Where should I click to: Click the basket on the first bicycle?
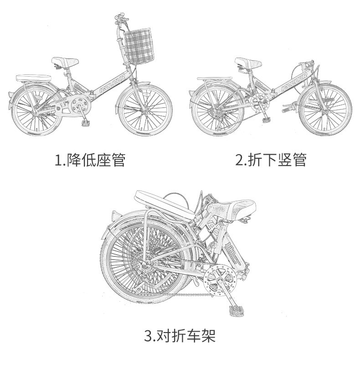(139, 46)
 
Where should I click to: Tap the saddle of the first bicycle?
(65, 62)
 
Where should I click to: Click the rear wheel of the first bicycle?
(37, 111)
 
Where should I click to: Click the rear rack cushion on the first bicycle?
(33, 78)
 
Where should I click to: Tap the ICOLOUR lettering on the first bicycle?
(112, 84)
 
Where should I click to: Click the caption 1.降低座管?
(90, 160)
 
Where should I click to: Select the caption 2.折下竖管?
(271, 160)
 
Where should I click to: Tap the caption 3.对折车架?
(180, 336)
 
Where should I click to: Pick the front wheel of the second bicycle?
(325, 110)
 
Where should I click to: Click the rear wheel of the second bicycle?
(218, 110)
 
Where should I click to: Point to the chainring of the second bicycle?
(260, 103)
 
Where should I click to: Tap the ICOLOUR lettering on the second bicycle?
(294, 82)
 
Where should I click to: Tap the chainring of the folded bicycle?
(220, 280)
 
